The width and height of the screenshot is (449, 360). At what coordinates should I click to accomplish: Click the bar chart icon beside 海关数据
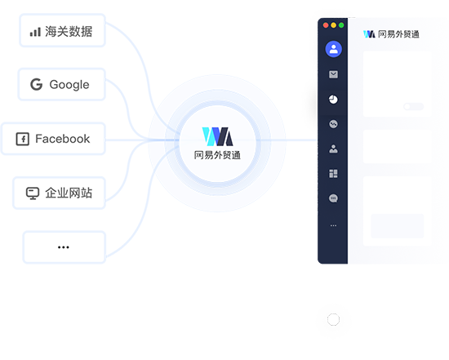tap(35, 32)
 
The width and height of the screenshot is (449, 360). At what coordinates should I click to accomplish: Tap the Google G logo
tap(37, 84)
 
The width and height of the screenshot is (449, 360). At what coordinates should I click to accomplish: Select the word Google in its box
tap(69, 85)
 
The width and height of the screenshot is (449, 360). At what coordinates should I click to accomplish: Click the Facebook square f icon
tap(23, 140)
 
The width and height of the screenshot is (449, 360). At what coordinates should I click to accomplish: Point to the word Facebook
tap(63, 139)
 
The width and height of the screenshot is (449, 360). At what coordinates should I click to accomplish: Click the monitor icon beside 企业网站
tap(33, 193)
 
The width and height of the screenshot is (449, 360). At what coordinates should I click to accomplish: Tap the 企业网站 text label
tap(69, 193)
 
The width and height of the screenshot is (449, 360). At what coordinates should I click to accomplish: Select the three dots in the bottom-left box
tap(64, 247)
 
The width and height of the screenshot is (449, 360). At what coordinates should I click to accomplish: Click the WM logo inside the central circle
tap(217, 136)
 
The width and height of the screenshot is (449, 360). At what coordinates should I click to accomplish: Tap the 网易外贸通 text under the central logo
tap(217, 155)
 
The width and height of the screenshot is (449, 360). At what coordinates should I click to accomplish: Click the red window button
tap(326, 25)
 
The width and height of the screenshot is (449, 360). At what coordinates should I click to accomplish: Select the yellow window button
tap(333, 25)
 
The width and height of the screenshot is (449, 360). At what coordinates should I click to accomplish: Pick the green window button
tap(341, 25)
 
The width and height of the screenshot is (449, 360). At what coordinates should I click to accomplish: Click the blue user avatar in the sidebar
tap(333, 49)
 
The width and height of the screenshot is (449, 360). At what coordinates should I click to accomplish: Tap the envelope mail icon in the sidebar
tap(333, 74)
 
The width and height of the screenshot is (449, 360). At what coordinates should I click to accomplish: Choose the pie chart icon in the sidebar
tap(333, 100)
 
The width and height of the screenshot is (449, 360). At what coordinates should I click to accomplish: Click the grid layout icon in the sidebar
tap(333, 174)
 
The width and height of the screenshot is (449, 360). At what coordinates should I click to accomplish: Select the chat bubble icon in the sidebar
tap(333, 198)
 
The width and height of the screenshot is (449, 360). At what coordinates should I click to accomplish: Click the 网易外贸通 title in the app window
tap(398, 34)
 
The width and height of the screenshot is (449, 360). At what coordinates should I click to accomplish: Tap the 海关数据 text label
tap(69, 32)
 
